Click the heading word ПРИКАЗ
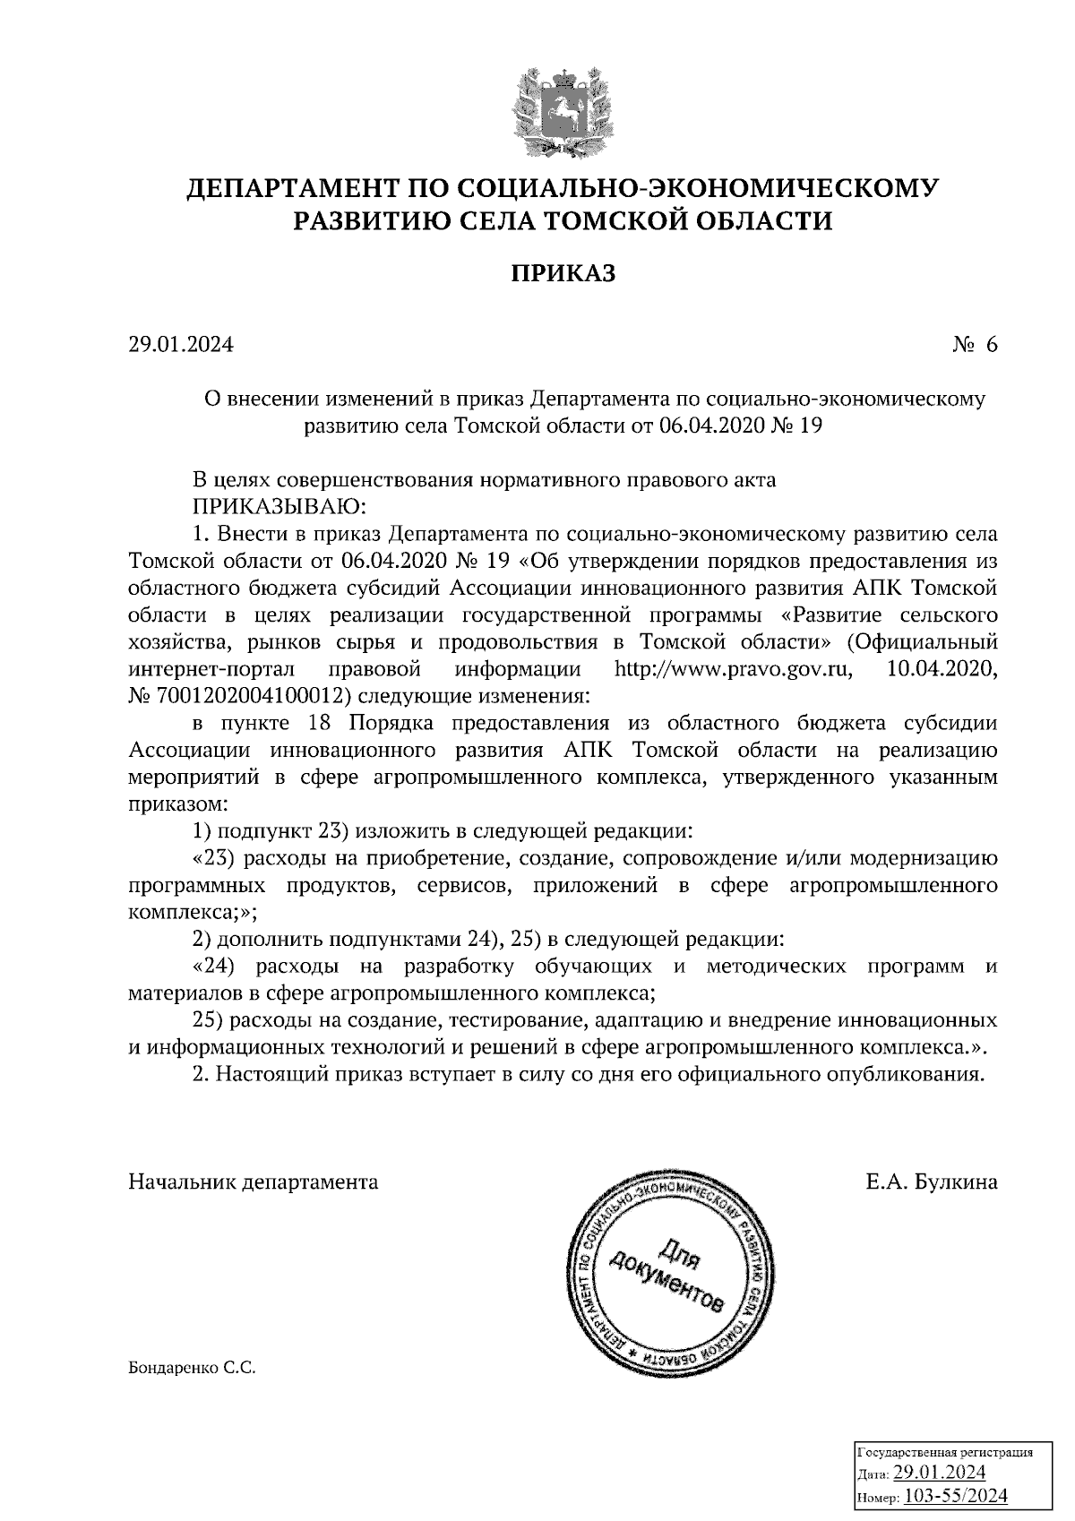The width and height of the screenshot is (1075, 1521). [x=563, y=273]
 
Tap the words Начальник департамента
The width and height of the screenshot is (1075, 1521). [x=254, y=1182]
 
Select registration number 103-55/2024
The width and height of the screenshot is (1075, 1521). [x=957, y=1495]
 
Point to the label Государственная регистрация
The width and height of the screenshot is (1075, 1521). [x=946, y=1452]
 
